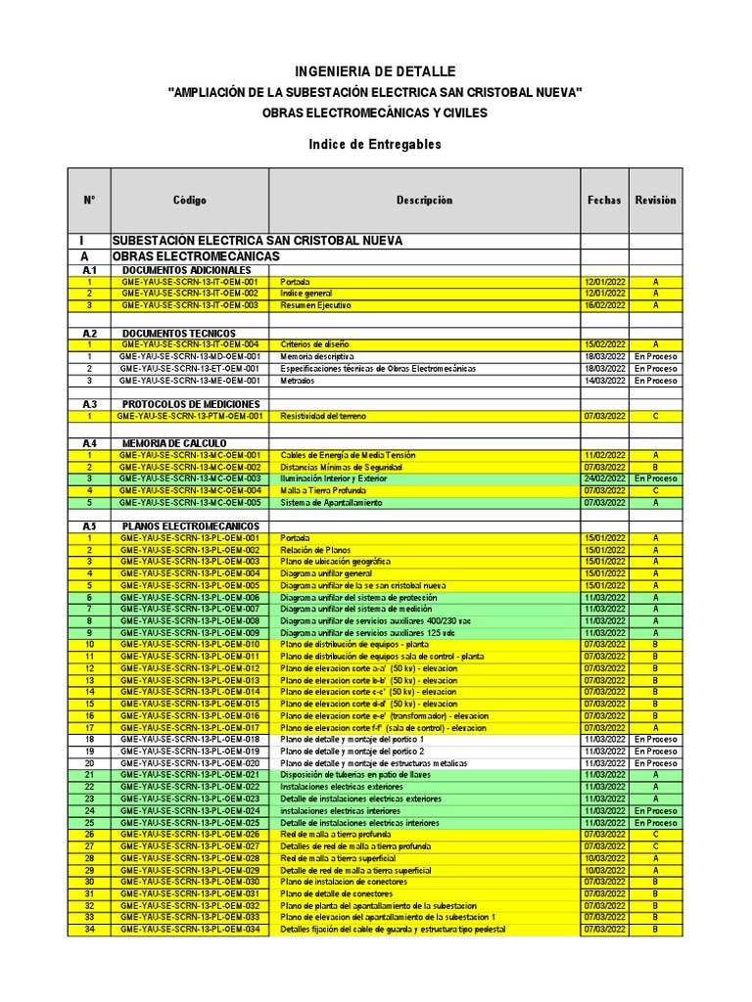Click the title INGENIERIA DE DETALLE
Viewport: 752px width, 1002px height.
(375, 71)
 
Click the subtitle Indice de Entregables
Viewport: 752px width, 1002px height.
(375, 144)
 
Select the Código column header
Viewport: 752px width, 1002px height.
(189, 200)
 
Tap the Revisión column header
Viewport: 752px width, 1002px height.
(655, 200)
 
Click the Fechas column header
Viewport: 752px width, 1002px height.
(604, 200)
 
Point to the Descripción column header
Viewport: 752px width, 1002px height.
(424, 200)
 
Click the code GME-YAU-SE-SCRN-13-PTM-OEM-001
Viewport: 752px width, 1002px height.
(190, 416)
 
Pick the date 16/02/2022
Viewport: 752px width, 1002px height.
(604, 305)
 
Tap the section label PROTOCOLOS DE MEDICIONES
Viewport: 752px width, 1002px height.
(191, 404)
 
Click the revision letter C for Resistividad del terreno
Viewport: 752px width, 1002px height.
(655, 416)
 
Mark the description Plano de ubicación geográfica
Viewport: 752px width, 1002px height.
(335, 562)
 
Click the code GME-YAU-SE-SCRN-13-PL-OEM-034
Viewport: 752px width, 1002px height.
(190, 929)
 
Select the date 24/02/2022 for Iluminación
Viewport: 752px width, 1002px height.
(604, 478)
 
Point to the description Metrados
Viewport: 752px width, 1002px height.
(299, 381)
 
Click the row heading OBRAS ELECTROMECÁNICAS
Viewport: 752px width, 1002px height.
(196, 256)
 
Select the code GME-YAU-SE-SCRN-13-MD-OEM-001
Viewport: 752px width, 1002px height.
(190, 356)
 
